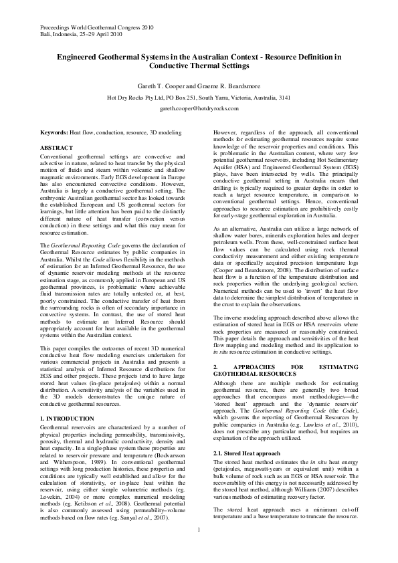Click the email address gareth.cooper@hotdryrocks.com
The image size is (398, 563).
pos(199,108)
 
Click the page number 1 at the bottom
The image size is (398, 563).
pos(199,548)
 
